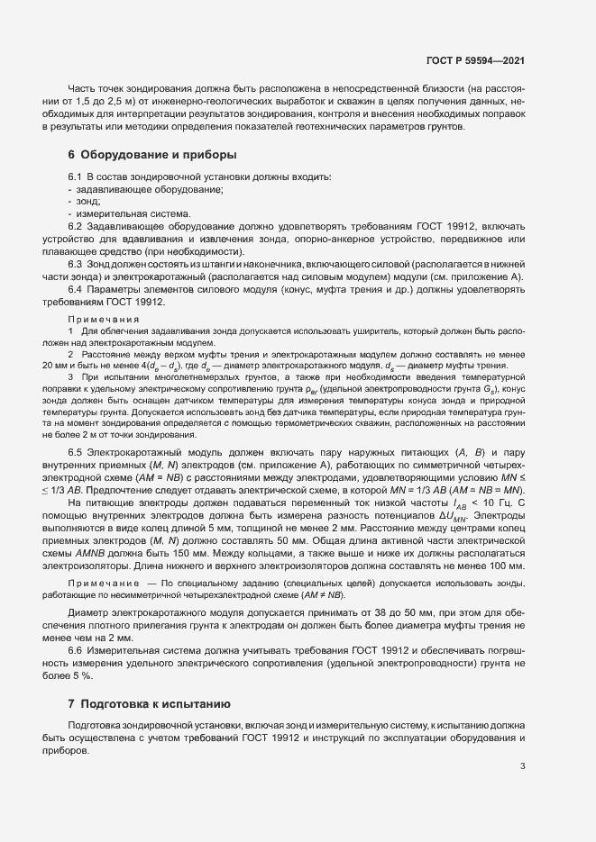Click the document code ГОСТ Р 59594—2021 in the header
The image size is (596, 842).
tap(474, 61)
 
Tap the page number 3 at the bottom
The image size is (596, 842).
tap(522, 767)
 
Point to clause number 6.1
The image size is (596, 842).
tap(76, 177)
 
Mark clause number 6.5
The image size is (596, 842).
tap(76, 450)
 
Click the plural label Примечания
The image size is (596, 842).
tap(104, 320)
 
